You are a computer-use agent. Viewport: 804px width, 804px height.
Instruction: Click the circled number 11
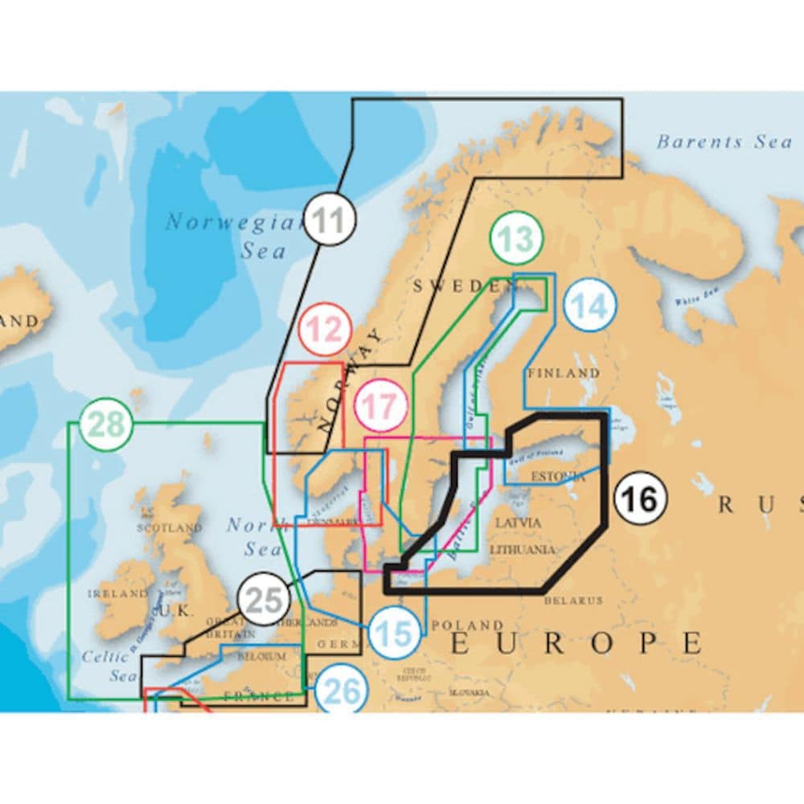click(330, 219)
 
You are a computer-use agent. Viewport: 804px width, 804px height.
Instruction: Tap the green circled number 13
click(515, 238)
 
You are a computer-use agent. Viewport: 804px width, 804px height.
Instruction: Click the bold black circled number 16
click(641, 499)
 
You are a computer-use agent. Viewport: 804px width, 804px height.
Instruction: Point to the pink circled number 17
click(382, 407)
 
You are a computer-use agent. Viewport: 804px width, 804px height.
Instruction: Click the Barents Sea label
click(724, 142)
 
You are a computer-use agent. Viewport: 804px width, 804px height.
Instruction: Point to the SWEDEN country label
click(457, 285)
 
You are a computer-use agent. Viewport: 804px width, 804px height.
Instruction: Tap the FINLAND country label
click(564, 373)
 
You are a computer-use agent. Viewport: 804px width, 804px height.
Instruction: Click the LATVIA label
click(519, 523)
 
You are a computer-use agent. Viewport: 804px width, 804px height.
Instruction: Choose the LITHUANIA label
click(522, 550)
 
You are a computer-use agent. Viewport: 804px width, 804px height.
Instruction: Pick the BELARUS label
click(573, 600)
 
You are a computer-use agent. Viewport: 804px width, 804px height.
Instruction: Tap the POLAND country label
click(466, 625)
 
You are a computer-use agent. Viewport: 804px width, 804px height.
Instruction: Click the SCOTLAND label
click(170, 528)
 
